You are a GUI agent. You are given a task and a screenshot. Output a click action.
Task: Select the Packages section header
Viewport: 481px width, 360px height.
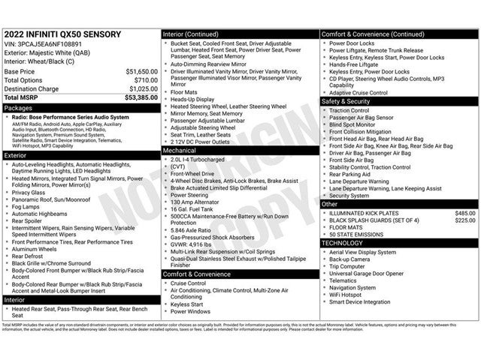(18, 108)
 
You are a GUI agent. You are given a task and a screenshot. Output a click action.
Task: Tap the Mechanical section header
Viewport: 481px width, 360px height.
(180, 150)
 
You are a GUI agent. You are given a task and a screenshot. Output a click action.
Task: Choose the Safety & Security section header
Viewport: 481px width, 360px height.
(346, 100)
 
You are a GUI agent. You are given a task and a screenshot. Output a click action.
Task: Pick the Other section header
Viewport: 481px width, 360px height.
(330, 203)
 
